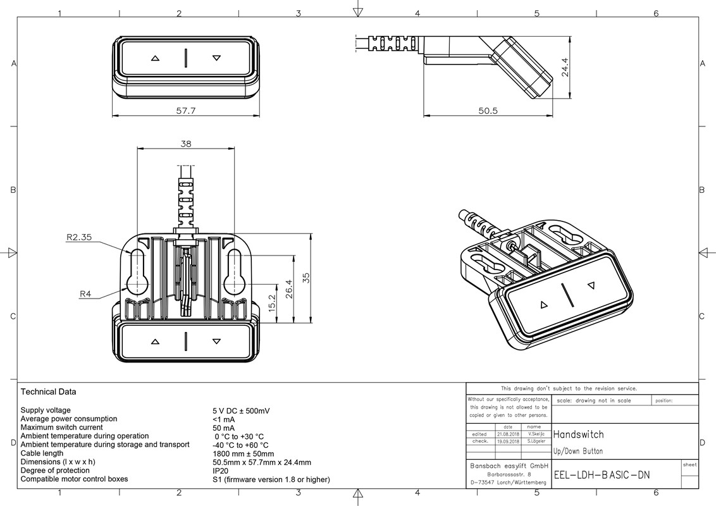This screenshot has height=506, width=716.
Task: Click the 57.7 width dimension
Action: [x=185, y=111]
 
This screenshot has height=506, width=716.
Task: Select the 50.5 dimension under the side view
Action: [x=488, y=111]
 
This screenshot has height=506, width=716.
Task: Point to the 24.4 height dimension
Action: [x=565, y=68]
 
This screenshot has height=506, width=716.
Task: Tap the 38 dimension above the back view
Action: [x=185, y=144]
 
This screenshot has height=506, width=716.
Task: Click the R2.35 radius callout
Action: [x=79, y=238]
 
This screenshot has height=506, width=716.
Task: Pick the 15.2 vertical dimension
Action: [x=272, y=303]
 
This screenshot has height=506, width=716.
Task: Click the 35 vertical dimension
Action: [x=306, y=278]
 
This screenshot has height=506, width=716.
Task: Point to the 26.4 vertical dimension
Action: [x=289, y=288]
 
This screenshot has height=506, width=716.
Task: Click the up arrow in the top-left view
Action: [x=156, y=58]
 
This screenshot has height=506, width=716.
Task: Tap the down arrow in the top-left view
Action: [x=216, y=58]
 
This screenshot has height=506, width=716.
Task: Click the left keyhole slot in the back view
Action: [x=137, y=273]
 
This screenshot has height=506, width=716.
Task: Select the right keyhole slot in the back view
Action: [x=234, y=273]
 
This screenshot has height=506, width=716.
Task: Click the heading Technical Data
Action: [x=48, y=392]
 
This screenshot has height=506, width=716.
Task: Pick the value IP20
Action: [x=221, y=471]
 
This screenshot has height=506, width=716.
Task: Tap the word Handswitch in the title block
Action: [x=579, y=435]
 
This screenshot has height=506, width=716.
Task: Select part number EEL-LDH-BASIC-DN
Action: [x=602, y=475]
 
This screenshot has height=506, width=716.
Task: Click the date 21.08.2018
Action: [x=508, y=434]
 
